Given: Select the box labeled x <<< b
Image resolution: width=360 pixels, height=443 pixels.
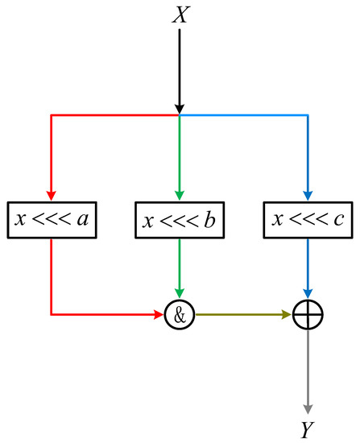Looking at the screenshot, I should coord(179,218).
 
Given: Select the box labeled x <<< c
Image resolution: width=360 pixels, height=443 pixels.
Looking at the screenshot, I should coord(307,218).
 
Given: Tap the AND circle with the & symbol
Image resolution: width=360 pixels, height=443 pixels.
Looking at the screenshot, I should coord(179,314).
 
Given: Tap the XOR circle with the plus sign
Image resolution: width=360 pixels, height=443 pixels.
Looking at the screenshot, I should coord(307,314).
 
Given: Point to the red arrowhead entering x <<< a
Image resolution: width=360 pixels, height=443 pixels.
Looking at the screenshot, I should coord(51,193).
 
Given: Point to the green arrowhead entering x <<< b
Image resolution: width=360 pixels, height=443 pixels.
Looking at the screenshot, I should coord(179,193).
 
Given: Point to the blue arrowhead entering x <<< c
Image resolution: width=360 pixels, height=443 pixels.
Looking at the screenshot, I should coord(307,193).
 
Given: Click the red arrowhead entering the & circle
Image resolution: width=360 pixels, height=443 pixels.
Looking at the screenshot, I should coord(159,314).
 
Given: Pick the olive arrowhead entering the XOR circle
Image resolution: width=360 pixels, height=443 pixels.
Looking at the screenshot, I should coord(286,314).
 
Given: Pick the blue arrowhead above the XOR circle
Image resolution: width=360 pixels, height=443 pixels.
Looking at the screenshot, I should coord(307,293).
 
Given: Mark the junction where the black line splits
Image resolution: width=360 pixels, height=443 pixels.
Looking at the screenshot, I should coord(179,115).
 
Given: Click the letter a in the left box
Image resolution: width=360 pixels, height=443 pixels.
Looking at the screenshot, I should coord(83,218).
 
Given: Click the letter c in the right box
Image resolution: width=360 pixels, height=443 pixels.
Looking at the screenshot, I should coord(339,218).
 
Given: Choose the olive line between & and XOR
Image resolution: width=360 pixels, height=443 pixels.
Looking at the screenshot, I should coord(234,314).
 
